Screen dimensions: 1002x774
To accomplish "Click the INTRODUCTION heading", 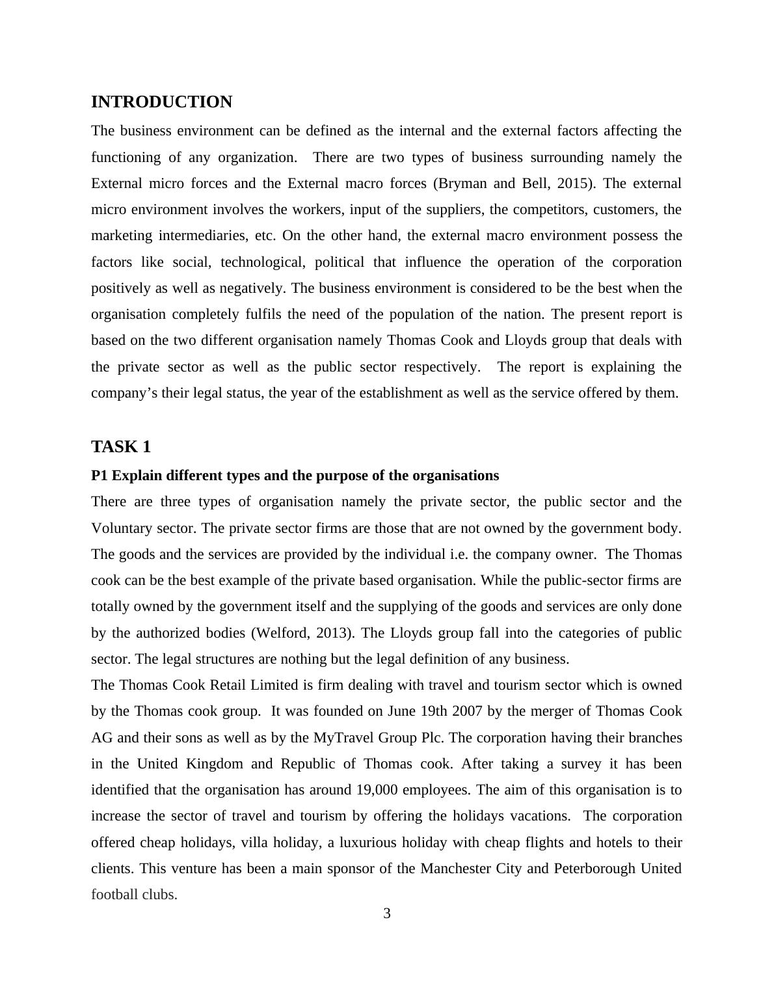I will [x=161, y=102].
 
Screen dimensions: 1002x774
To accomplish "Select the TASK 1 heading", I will [x=121, y=447].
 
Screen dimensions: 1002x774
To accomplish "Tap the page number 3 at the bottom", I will [x=387, y=914].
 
